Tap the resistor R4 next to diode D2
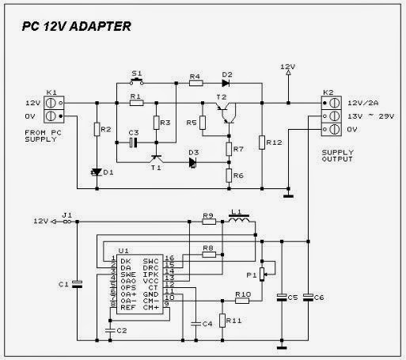click(x=195, y=82)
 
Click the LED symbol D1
click(x=97, y=171)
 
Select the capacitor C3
click(x=133, y=142)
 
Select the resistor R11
click(x=222, y=320)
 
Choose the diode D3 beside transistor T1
click(x=193, y=164)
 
